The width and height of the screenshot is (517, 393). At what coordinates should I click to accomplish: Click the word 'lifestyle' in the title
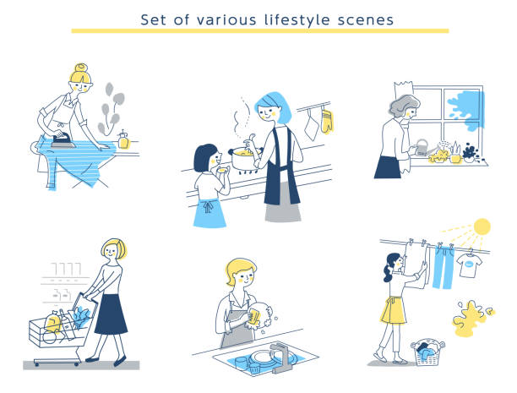[297, 19]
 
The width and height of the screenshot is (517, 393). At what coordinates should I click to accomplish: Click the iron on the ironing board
[63, 140]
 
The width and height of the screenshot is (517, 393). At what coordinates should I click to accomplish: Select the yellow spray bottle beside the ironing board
[123, 140]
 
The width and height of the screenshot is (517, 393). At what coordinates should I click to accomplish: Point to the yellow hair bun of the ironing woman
[81, 68]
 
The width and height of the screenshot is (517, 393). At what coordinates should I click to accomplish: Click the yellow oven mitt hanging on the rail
[327, 122]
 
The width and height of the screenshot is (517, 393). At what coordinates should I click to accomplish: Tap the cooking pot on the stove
[244, 158]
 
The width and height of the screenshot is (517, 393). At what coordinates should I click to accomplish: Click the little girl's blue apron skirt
[209, 213]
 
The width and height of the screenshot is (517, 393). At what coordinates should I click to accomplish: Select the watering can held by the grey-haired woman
[423, 148]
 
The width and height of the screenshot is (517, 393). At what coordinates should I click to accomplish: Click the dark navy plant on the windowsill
[471, 152]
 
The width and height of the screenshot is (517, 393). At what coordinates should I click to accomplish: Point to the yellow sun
[482, 227]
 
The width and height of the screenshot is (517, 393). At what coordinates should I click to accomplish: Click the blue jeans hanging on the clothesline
[444, 267]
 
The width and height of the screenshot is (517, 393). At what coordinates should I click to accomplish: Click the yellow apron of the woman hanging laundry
[394, 311]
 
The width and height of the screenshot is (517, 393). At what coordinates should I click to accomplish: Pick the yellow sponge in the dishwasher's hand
[254, 317]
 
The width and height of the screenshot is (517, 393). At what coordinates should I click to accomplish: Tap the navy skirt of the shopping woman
[111, 314]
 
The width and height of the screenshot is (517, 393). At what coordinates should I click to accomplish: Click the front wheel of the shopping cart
[36, 363]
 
